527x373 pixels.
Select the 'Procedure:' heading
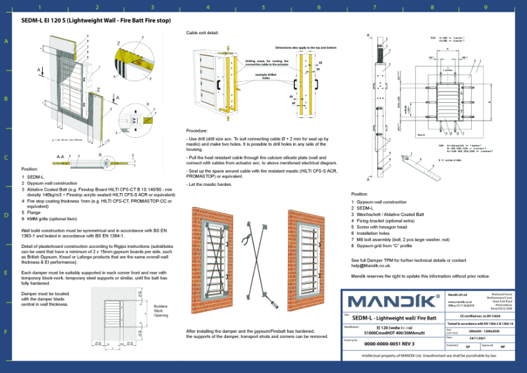coord(197,130)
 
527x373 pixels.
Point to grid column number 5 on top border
coord(263,8)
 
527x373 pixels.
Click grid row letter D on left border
coord(7,214)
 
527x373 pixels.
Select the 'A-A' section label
coord(60,156)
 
